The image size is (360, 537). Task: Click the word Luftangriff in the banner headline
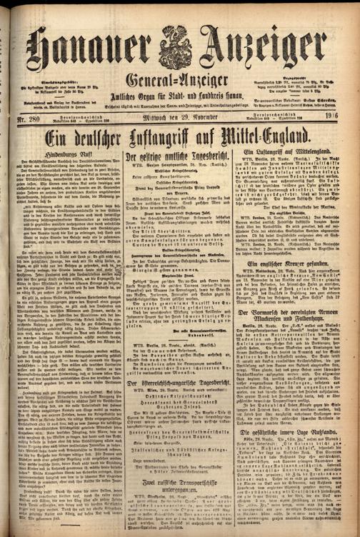pos(175,136)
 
